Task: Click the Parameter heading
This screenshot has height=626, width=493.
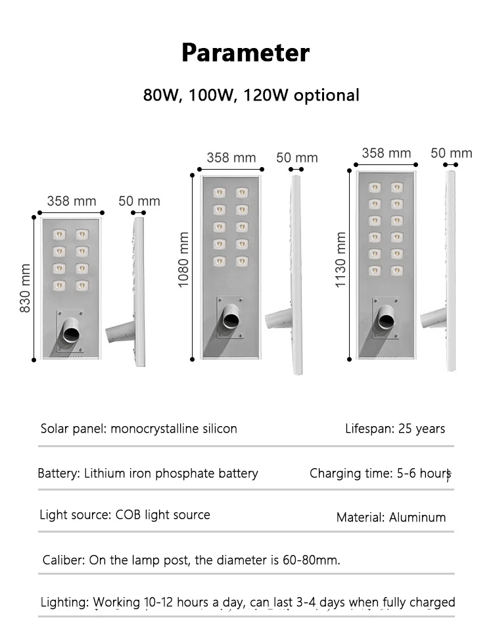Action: (245, 53)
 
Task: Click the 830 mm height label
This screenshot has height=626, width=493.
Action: (26, 288)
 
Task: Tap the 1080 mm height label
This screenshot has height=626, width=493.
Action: (184, 259)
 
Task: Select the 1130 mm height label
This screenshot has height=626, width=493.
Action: (340, 259)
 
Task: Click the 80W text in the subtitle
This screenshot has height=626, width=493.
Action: (162, 95)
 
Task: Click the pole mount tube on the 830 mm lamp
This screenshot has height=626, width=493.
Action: (68, 333)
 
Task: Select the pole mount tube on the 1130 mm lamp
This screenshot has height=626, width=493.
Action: (385, 320)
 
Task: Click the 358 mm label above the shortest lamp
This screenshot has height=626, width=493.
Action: (71, 201)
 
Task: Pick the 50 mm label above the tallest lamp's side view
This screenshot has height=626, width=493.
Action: (452, 153)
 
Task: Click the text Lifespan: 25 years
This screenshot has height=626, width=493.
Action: (395, 429)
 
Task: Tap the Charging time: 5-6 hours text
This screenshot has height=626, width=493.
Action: (380, 473)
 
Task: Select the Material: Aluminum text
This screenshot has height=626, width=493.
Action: (391, 518)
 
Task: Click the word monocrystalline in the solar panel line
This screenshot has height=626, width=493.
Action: (154, 429)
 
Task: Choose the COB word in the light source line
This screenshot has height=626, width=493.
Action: (128, 515)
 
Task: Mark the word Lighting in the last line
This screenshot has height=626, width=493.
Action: (64, 602)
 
